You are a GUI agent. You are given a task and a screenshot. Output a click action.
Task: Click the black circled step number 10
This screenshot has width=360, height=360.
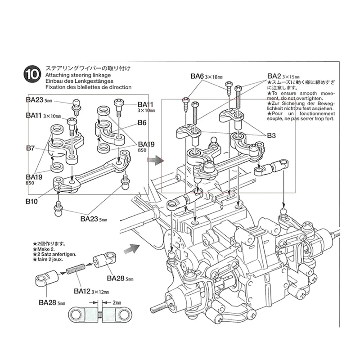tap(31, 74)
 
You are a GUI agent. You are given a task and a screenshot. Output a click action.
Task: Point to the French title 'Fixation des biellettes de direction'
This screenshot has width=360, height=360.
tap(88, 87)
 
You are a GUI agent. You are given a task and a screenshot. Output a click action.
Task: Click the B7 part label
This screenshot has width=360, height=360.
tap(31, 148)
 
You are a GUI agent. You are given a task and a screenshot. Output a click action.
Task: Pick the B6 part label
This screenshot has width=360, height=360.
tap(143, 122)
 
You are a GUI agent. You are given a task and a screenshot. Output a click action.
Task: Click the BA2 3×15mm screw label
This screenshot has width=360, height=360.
tap(283, 76)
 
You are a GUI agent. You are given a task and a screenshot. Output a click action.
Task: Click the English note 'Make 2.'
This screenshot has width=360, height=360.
tap(47, 249)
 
